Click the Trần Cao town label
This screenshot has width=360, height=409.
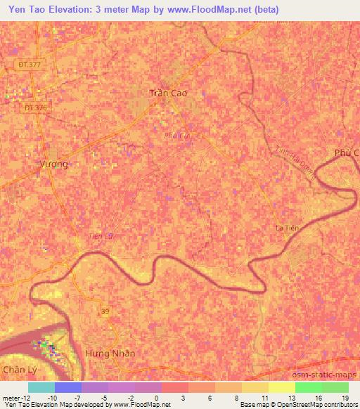tap(169, 93)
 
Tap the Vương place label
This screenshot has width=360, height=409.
tap(53, 164)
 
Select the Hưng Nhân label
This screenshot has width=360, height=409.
tap(110, 353)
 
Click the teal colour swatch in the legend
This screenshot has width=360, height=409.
tap(41, 387)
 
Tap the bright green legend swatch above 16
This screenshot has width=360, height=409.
tap(308, 387)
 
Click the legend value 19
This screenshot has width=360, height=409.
tap(345, 398)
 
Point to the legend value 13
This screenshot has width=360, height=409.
tap(291, 398)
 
